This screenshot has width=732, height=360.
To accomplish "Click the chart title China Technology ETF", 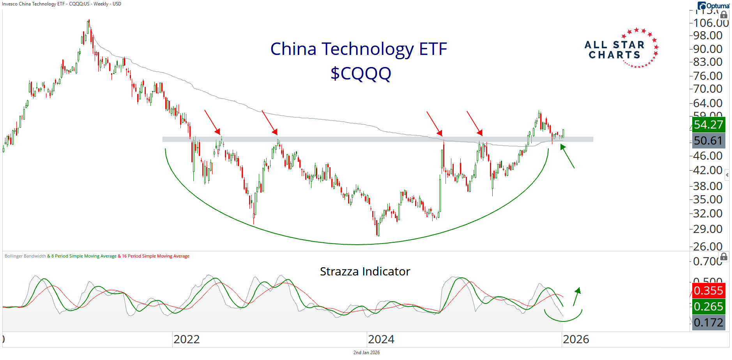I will click(x=358, y=49).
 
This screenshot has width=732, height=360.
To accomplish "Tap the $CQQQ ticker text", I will click(x=361, y=73).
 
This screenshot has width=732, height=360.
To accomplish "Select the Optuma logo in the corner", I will click(x=713, y=6).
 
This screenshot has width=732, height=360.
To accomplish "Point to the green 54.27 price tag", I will click(x=708, y=125).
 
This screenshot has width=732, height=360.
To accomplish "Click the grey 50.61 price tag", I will click(x=708, y=141).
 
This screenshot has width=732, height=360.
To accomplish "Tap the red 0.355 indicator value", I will click(x=708, y=291).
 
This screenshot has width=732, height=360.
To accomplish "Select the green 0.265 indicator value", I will click(x=708, y=307).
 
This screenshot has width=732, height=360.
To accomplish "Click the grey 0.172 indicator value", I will click(x=708, y=323).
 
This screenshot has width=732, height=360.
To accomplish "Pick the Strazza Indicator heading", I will click(x=365, y=272).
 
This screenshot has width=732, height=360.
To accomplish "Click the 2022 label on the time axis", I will click(x=186, y=339).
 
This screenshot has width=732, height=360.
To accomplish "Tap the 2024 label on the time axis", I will click(x=381, y=339).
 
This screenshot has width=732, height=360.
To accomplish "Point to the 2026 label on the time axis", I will click(x=576, y=339).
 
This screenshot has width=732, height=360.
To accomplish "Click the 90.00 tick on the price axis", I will click(x=707, y=49).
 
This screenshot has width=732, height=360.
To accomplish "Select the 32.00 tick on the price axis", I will click(x=707, y=214).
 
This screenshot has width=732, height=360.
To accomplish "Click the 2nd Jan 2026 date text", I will click(x=366, y=353).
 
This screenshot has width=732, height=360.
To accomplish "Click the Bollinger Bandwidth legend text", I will click(x=25, y=256).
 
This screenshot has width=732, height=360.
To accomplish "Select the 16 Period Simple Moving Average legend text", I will click(x=156, y=256).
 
